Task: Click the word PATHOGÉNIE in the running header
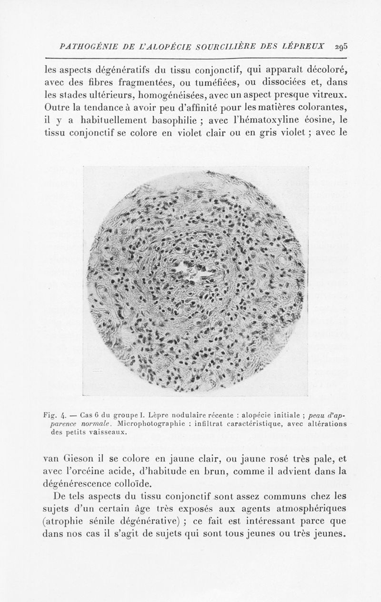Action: [x=85, y=46]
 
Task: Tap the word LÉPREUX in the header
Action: [x=307, y=46]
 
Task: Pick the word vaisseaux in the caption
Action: [x=107, y=432]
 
